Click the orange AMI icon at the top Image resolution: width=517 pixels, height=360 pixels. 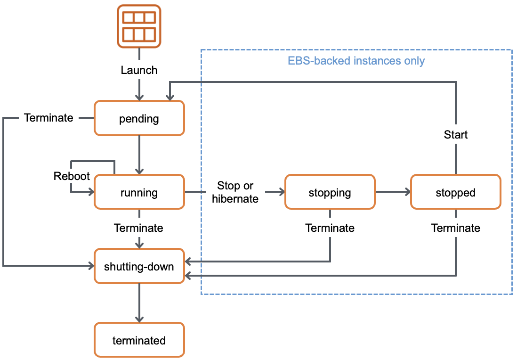(139, 26)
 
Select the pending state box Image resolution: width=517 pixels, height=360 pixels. (139, 118)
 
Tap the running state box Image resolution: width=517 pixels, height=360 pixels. (139, 192)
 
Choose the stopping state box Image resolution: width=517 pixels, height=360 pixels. (330, 192)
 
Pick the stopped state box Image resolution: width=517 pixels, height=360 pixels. (455, 192)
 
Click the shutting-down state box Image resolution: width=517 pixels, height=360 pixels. (139, 266)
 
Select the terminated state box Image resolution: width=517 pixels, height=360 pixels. (139, 340)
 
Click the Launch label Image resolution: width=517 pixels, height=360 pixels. (139, 70)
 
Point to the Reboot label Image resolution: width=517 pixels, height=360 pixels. (72, 176)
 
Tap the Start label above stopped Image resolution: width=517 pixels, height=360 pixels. (455, 135)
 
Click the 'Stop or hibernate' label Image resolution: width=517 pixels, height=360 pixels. (235, 192)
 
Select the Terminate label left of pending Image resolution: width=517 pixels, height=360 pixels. (48, 118)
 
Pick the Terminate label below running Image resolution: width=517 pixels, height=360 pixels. (139, 228)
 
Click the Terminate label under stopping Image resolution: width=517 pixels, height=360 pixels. (330, 228)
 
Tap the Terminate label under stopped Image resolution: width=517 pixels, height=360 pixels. (455, 228)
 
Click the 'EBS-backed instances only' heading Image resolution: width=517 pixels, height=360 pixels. (356, 61)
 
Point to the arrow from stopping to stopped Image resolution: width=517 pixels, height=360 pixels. (393, 192)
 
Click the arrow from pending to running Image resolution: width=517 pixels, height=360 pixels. (139, 155)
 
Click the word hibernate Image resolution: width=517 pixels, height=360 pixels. (235, 199)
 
